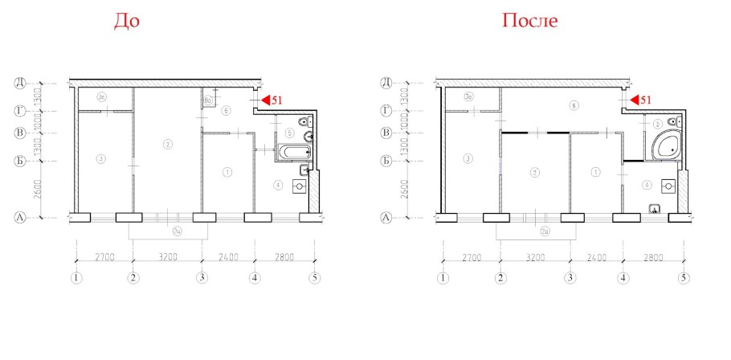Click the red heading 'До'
point(126,21)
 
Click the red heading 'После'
point(529,21)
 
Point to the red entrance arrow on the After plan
point(634,100)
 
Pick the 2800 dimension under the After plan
point(652,258)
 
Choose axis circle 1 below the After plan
point(442,279)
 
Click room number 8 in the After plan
point(573,105)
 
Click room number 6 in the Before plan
point(227,110)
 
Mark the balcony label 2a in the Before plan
point(165,232)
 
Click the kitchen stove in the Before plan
point(299,185)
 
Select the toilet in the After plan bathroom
point(669,123)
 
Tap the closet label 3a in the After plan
point(468,97)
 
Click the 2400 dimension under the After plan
point(595,258)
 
